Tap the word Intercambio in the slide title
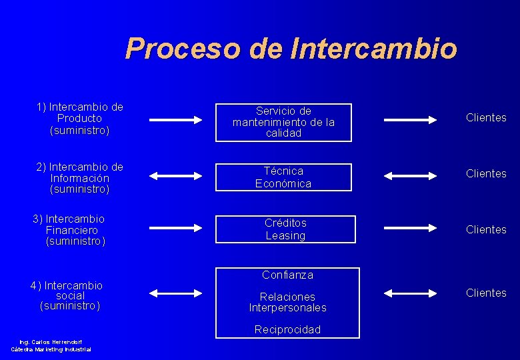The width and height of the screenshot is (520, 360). pyautogui.click(x=374, y=49)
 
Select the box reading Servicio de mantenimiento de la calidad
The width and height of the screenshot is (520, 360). pyautogui.click(x=283, y=122)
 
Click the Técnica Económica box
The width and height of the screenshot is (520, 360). pyautogui.click(x=283, y=177)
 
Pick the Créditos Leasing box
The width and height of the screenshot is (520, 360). pyautogui.click(x=285, y=229)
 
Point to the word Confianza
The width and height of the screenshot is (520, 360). pyautogui.click(x=287, y=275)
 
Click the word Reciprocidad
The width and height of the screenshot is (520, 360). pyautogui.click(x=287, y=329)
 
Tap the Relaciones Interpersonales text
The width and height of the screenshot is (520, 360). pyautogui.click(x=287, y=302)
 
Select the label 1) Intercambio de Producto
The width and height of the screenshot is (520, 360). pyautogui.click(x=80, y=118)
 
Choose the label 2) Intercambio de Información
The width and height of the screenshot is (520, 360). pyautogui.click(x=80, y=178)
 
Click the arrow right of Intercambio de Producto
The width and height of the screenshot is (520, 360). pyautogui.click(x=175, y=120)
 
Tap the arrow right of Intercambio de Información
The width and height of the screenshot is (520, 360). pyautogui.click(x=175, y=176)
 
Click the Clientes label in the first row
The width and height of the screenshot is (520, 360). pyautogui.click(x=486, y=118)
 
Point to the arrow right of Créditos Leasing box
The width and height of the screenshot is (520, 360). pyautogui.click(x=411, y=229)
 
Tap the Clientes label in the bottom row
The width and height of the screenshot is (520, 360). pyautogui.click(x=486, y=293)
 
